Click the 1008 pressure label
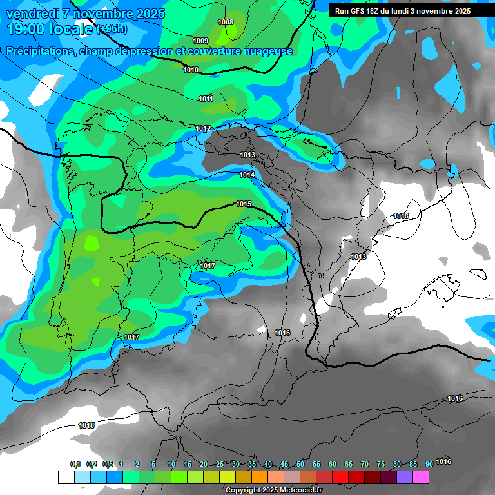226,22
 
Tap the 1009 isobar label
200,41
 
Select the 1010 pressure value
191,70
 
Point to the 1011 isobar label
206,99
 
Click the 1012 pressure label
203,129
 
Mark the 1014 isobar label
247,175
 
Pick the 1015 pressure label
244,204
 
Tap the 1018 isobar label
86,425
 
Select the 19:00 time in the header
28,29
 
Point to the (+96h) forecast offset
112,29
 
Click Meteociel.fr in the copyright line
291,490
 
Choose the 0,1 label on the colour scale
75,464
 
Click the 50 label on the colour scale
300,464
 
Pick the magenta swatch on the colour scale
421,477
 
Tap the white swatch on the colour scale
66,477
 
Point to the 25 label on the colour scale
220,464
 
